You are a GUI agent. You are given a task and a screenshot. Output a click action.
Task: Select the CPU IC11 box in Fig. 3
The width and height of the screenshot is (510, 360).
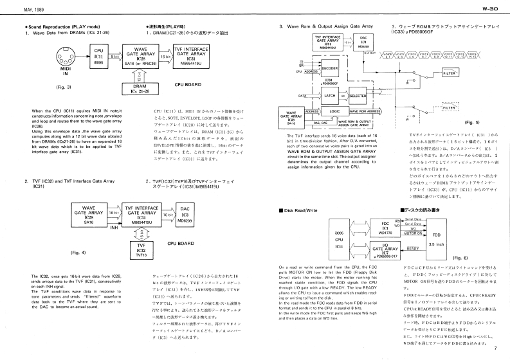pyautogui.click(x=98, y=57)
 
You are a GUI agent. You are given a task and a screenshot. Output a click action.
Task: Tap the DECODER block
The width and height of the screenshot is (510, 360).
pyautogui.click(x=329, y=67)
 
